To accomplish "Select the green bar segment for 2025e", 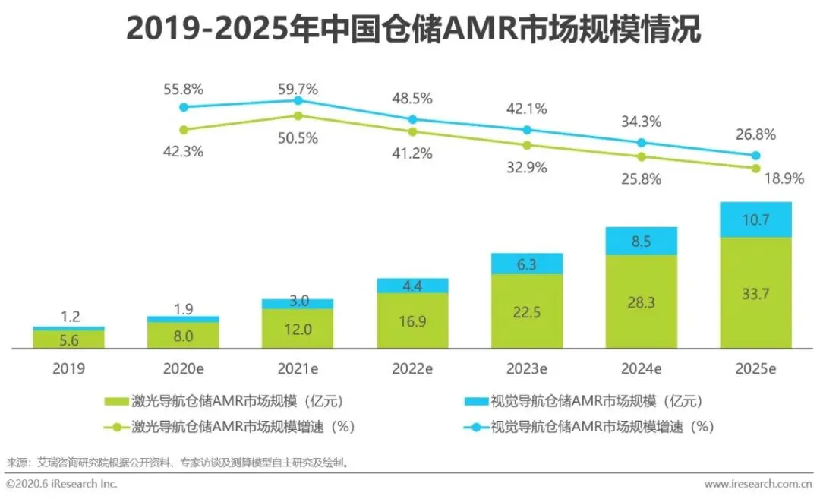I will [755, 292].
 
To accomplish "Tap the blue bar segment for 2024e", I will [642, 241].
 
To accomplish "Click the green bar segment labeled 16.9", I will [412, 321].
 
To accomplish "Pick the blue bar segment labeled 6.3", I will [527, 264].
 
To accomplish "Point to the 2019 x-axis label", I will [69, 368].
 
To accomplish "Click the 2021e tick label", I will [298, 368].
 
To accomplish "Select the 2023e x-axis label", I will [527, 368].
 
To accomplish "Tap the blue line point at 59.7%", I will [298, 100].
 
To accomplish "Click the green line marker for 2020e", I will [184, 129].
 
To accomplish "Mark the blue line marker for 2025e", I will [756, 155].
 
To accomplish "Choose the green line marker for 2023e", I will [528, 144].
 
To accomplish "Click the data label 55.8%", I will [184, 89].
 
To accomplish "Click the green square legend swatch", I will [116, 401].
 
